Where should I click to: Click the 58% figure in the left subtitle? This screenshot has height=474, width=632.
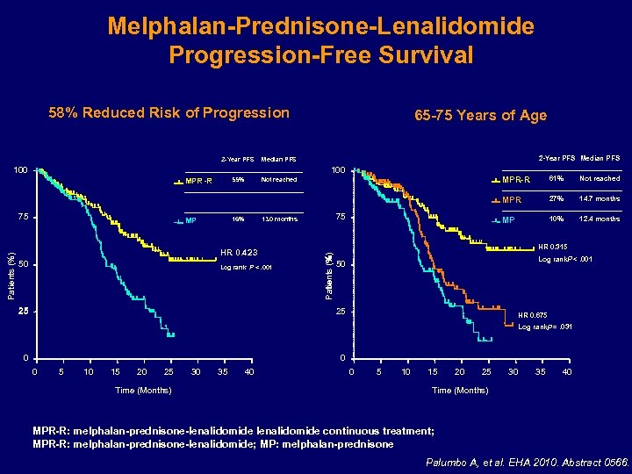pyautogui.click(x=63, y=112)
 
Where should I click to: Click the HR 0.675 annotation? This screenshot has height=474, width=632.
pyautogui.click(x=535, y=315)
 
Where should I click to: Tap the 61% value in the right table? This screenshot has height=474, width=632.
pyautogui.click(x=555, y=179)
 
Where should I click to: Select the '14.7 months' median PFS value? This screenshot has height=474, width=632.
pyautogui.click(x=600, y=199)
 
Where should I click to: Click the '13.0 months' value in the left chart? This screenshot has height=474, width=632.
pyautogui.click(x=279, y=219)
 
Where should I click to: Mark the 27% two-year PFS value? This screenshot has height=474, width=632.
pyautogui.click(x=555, y=199)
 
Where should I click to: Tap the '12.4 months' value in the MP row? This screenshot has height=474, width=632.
pyautogui.click(x=600, y=219)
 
